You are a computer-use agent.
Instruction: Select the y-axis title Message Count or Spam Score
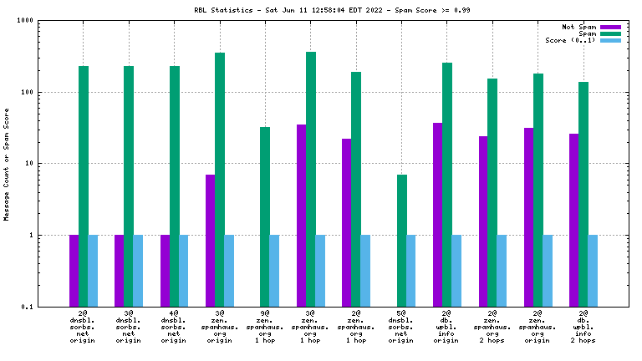(8, 164)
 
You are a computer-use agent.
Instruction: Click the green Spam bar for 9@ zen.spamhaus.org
(265, 216)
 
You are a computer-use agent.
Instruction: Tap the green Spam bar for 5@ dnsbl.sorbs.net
(401, 241)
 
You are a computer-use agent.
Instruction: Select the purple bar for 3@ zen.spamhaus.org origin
(210, 241)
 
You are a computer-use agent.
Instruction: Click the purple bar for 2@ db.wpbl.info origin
(437, 215)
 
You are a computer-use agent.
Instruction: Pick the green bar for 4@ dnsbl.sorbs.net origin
(174, 186)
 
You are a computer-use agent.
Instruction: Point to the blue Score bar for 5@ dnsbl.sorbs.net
(411, 271)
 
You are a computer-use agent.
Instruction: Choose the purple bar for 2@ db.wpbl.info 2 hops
(573, 220)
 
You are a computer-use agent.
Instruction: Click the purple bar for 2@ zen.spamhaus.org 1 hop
(346, 222)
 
